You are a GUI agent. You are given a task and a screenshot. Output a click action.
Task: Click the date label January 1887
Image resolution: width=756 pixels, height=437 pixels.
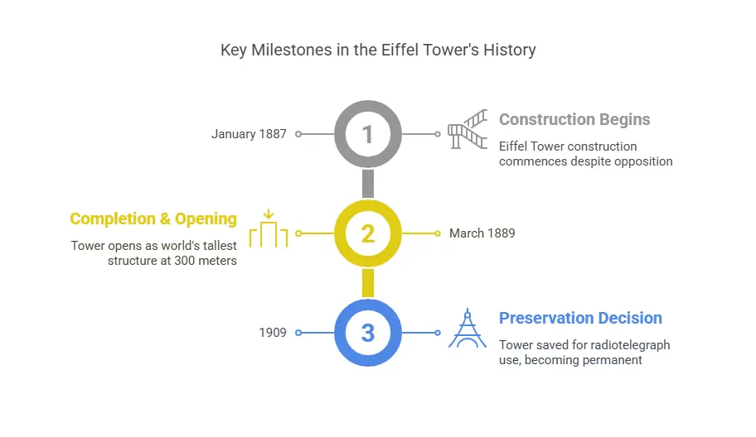(x=249, y=134)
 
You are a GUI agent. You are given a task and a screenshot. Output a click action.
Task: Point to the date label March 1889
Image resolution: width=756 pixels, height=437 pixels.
(x=482, y=233)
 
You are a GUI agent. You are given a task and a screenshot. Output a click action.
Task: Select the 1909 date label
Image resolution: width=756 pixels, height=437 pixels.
(x=273, y=333)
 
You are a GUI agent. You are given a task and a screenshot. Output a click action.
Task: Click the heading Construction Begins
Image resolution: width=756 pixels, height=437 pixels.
(x=574, y=119)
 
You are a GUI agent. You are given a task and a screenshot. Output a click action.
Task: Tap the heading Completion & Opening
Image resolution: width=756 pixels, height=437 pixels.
(x=153, y=219)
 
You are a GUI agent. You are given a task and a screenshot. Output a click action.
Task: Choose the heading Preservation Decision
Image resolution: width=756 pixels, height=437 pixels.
(x=580, y=318)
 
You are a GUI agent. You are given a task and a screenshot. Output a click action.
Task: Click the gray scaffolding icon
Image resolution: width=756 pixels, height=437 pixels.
(x=468, y=129)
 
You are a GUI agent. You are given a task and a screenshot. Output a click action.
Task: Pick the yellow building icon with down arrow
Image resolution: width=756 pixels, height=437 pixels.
(x=269, y=229)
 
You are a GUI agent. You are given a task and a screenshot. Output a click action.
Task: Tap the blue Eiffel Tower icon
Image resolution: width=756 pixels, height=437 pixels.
(x=468, y=328)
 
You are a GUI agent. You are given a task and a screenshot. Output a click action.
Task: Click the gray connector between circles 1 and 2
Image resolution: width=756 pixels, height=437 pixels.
(x=368, y=184)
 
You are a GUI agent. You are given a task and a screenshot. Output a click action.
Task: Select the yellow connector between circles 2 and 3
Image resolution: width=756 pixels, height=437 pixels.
(x=368, y=283)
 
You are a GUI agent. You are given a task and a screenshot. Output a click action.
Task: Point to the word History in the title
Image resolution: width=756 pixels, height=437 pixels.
(x=510, y=50)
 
